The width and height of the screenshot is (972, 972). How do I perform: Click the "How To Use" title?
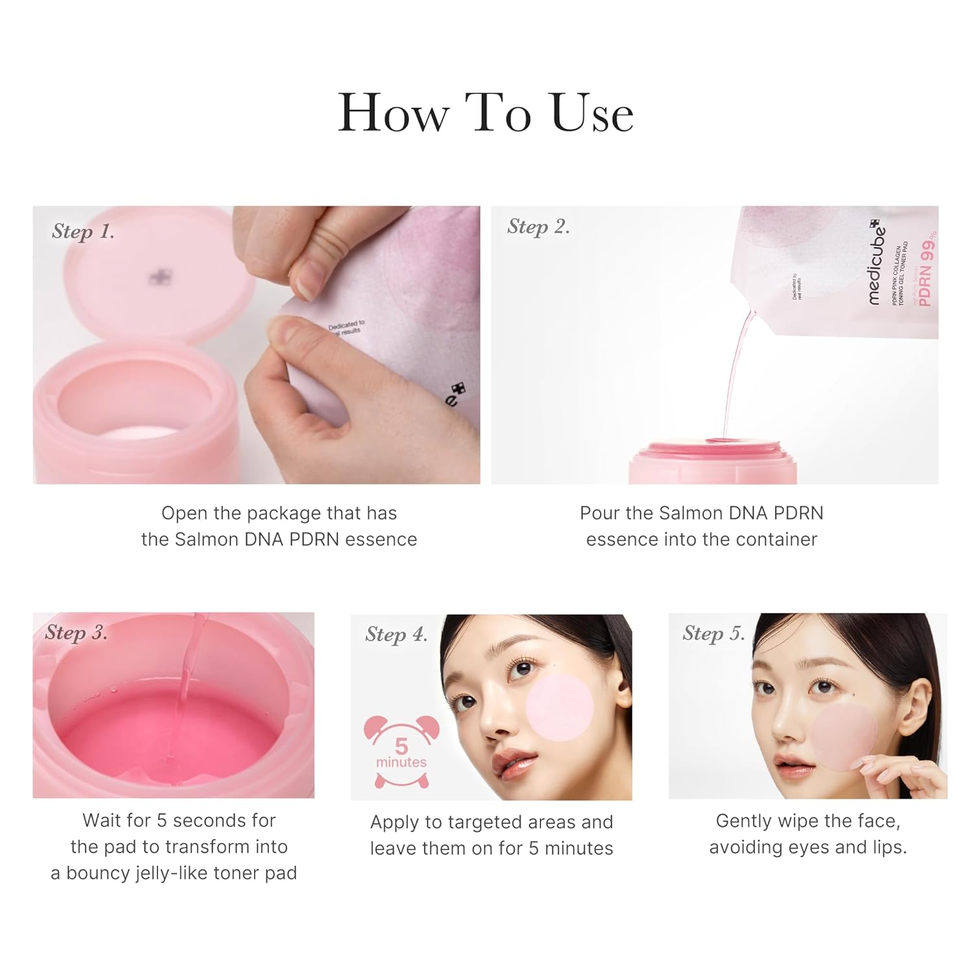485,113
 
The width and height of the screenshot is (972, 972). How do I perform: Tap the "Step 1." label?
83,231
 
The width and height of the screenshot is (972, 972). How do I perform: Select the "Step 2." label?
538,226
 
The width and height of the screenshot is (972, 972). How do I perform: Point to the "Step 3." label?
76,632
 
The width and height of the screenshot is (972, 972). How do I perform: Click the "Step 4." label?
397,634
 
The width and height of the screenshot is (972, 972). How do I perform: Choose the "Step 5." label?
713,633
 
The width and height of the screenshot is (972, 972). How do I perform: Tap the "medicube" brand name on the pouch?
875,262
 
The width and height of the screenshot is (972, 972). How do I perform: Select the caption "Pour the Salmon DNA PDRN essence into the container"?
701,526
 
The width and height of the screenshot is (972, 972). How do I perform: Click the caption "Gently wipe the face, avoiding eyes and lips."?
807,833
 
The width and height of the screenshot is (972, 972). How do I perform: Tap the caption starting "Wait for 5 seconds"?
174,846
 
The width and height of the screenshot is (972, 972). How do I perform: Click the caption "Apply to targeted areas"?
491,835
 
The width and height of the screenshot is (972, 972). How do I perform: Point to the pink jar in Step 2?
712,461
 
